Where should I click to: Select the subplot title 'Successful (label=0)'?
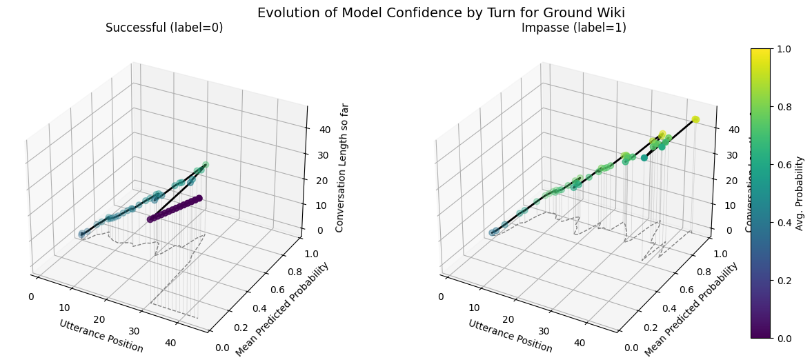click(164, 28)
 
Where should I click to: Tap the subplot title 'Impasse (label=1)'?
click(573, 28)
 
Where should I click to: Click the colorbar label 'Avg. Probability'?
click(799, 193)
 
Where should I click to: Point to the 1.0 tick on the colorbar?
click(784, 49)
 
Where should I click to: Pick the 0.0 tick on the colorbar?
click(784, 338)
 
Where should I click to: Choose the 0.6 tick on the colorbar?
click(784, 165)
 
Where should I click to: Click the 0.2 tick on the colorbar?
click(784, 280)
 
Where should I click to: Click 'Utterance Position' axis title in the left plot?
click(101, 336)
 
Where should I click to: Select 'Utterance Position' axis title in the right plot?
click(510, 336)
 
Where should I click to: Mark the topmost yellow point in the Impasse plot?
click(695, 119)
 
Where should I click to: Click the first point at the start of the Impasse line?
click(493, 232)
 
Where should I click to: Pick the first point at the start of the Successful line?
click(83, 234)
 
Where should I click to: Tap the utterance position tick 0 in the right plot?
click(440, 297)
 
